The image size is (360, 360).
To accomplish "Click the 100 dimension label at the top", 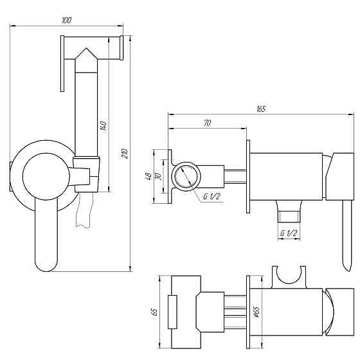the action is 67,20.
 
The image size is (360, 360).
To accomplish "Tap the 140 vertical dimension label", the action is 104,125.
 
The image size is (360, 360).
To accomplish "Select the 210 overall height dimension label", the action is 125,154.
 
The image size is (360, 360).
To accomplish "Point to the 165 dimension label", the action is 261,109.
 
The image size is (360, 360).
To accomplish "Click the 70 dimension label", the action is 207,123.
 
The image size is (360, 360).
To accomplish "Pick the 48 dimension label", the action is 148,176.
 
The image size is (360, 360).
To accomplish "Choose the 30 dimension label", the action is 158,176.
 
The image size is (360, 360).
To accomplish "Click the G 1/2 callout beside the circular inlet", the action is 212,197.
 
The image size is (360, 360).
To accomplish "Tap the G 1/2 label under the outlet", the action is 289,233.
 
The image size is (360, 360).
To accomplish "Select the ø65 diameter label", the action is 256,312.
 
